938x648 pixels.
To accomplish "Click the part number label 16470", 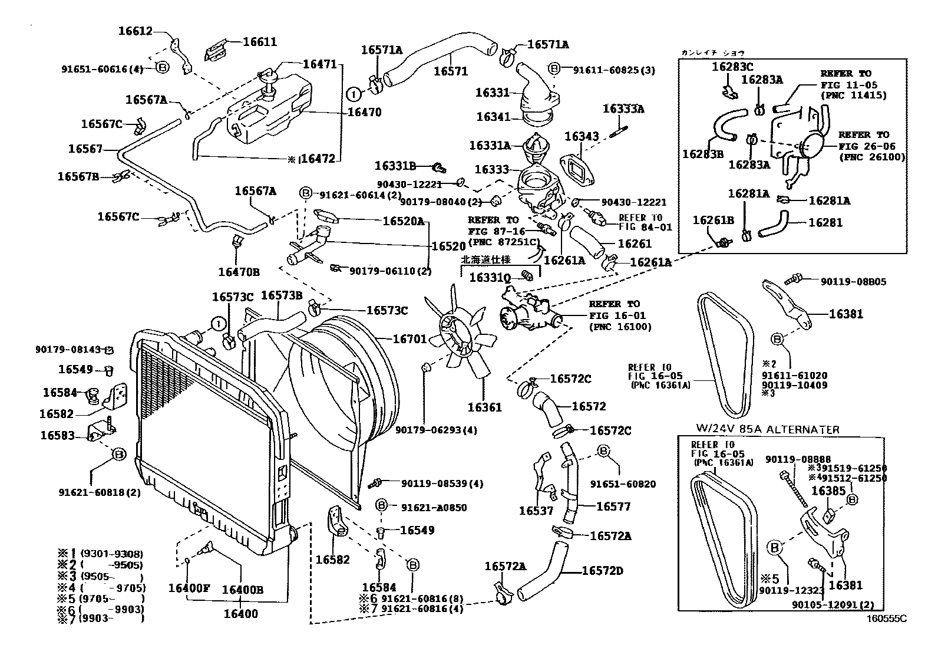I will click(x=364, y=112).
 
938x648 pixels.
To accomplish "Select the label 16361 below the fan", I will click(x=484, y=407).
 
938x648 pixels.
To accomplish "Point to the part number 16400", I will click(x=240, y=613).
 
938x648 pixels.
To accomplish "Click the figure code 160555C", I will click(x=886, y=619).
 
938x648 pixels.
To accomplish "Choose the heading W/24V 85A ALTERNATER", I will click(x=768, y=430).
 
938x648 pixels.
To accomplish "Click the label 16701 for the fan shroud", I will click(x=409, y=339).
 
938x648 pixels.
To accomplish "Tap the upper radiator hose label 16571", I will click(x=451, y=71).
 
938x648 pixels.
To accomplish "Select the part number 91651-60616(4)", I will click(x=102, y=69).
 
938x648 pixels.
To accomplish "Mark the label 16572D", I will click(x=602, y=571).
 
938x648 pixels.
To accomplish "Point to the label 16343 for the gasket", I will click(x=582, y=137).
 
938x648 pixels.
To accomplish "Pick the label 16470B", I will click(x=239, y=272).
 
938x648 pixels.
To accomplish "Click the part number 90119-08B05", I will click(x=853, y=282).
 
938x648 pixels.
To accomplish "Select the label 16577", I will click(x=613, y=506).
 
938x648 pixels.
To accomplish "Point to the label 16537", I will click(x=536, y=511).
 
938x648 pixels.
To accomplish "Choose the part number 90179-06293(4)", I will click(x=436, y=430).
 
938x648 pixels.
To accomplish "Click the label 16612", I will click(x=135, y=32).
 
